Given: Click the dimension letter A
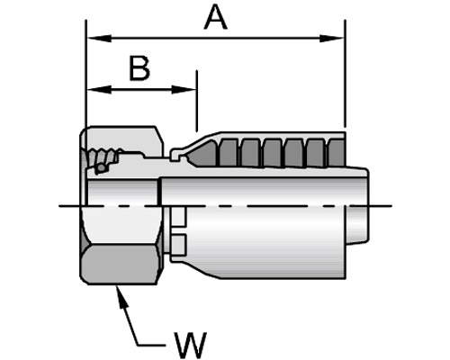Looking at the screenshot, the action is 215,17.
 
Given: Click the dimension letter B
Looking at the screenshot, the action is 139,68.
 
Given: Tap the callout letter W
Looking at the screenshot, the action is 191,345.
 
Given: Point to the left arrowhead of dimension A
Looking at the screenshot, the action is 99,39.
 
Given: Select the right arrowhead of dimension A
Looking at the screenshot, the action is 332,39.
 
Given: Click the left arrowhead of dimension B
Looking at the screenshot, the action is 99,89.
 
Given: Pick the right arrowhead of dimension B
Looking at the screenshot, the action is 184,89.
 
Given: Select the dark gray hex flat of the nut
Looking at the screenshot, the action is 120,265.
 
